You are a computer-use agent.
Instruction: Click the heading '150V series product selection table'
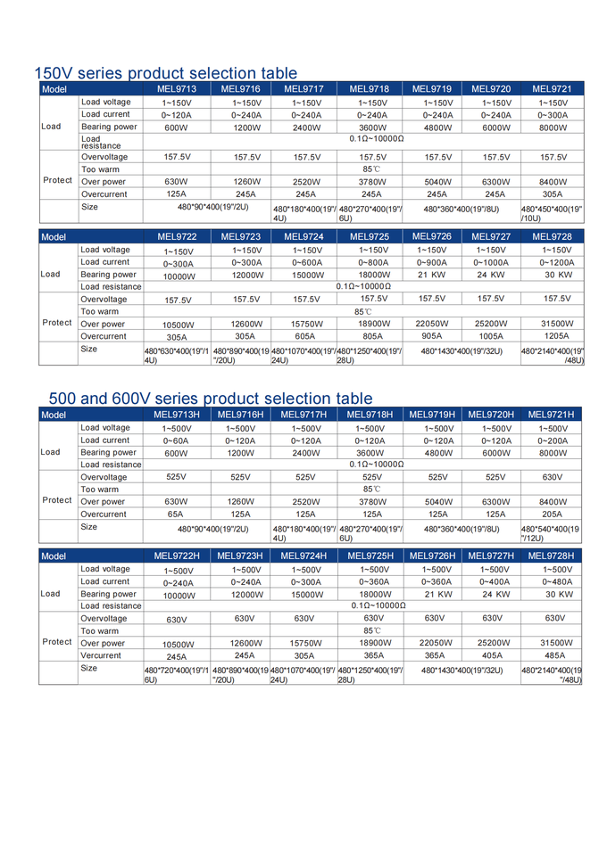click(x=165, y=73)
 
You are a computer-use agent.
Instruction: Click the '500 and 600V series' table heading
click(x=211, y=399)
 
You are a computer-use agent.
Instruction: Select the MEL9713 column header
click(x=177, y=89)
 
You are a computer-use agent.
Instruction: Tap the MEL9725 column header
click(x=369, y=236)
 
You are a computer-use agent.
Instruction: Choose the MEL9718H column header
click(x=370, y=415)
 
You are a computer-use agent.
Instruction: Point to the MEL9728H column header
click(x=552, y=556)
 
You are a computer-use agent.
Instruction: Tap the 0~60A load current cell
click(x=176, y=440)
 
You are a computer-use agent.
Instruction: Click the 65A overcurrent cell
click(x=176, y=514)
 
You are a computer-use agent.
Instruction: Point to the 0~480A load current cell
click(x=558, y=581)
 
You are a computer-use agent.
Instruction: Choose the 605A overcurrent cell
click(x=305, y=336)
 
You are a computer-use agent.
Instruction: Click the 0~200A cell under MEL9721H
click(x=553, y=440)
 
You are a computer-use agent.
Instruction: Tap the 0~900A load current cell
click(x=434, y=263)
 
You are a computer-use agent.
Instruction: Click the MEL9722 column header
click(x=177, y=236)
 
